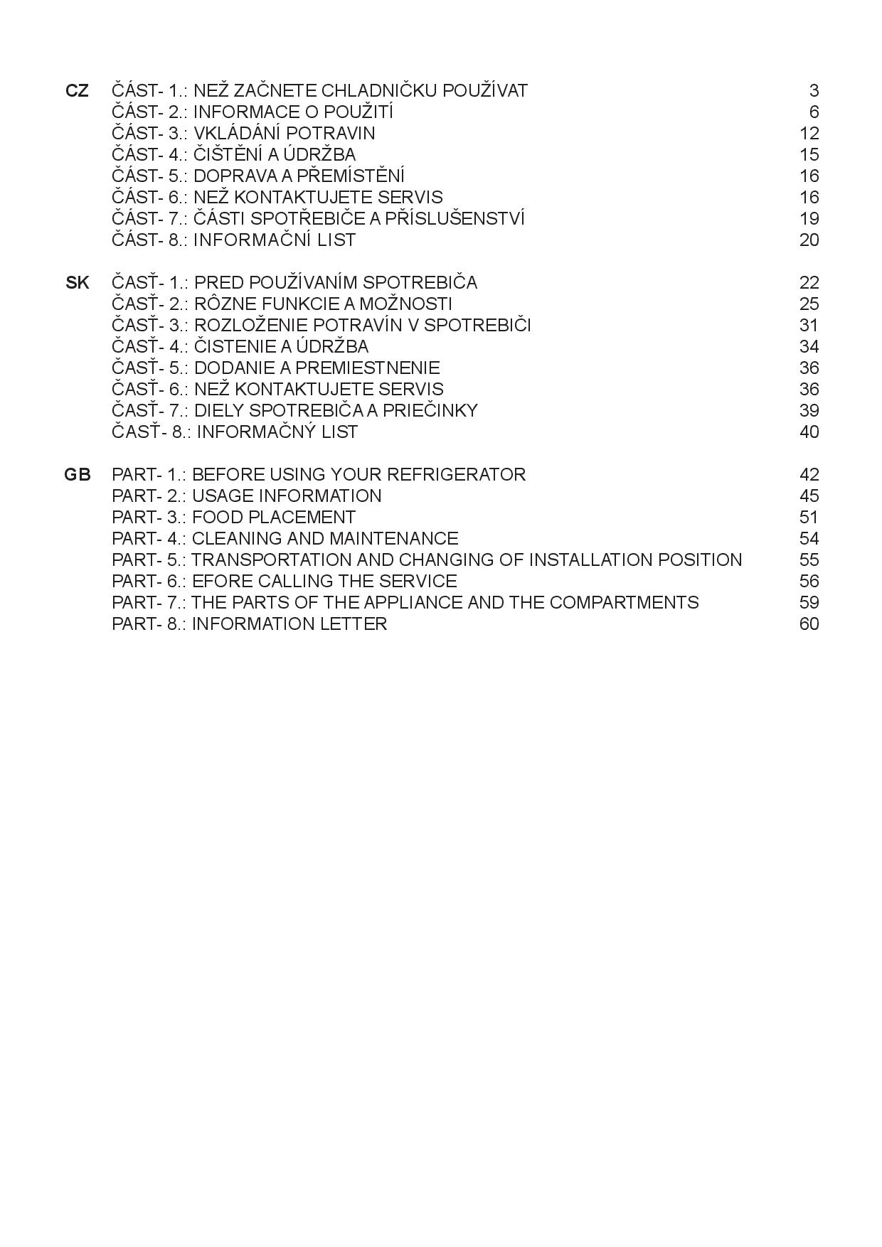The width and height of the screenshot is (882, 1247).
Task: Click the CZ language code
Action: (x=77, y=91)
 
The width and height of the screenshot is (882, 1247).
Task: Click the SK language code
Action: (x=78, y=283)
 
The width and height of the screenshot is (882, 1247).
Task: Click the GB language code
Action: (x=78, y=475)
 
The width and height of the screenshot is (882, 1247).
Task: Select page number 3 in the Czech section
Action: (x=814, y=91)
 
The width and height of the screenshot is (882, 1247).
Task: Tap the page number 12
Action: (x=809, y=134)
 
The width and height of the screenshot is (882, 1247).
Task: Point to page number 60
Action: (x=809, y=624)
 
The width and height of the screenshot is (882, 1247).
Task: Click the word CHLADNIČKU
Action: (x=379, y=91)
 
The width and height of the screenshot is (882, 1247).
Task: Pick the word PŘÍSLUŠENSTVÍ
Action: (x=455, y=219)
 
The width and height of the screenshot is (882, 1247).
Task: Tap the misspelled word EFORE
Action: (x=222, y=582)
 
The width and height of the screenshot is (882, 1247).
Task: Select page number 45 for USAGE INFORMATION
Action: (x=809, y=496)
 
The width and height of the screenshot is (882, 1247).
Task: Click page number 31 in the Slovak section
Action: (x=809, y=326)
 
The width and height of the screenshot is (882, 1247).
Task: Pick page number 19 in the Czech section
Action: (x=809, y=219)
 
